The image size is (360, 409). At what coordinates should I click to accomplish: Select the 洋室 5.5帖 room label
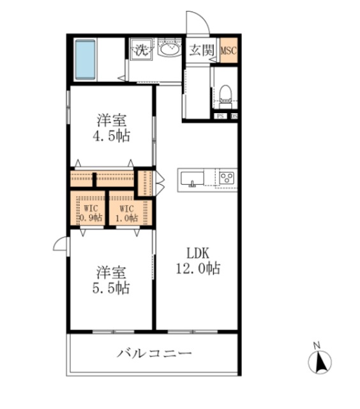pyautogui.click(x=112, y=279)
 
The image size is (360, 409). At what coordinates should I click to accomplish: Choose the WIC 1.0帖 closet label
pyautogui.click(x=126, y=213)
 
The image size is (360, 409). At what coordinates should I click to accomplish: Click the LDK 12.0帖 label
pyautogui.click(x=198, y=260)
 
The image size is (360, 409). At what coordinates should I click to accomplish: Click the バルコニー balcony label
pyautogui.click(x=154, y=353)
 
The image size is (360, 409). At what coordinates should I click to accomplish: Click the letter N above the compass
pyautogui.click(x=316, y=346)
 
